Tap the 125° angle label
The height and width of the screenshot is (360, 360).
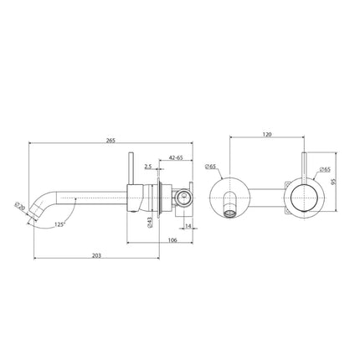[58, 224]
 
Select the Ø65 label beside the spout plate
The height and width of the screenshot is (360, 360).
[213, 167]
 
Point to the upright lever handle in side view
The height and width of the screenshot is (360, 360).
[129, 172]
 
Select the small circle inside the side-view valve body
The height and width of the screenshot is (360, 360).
[183, 198]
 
